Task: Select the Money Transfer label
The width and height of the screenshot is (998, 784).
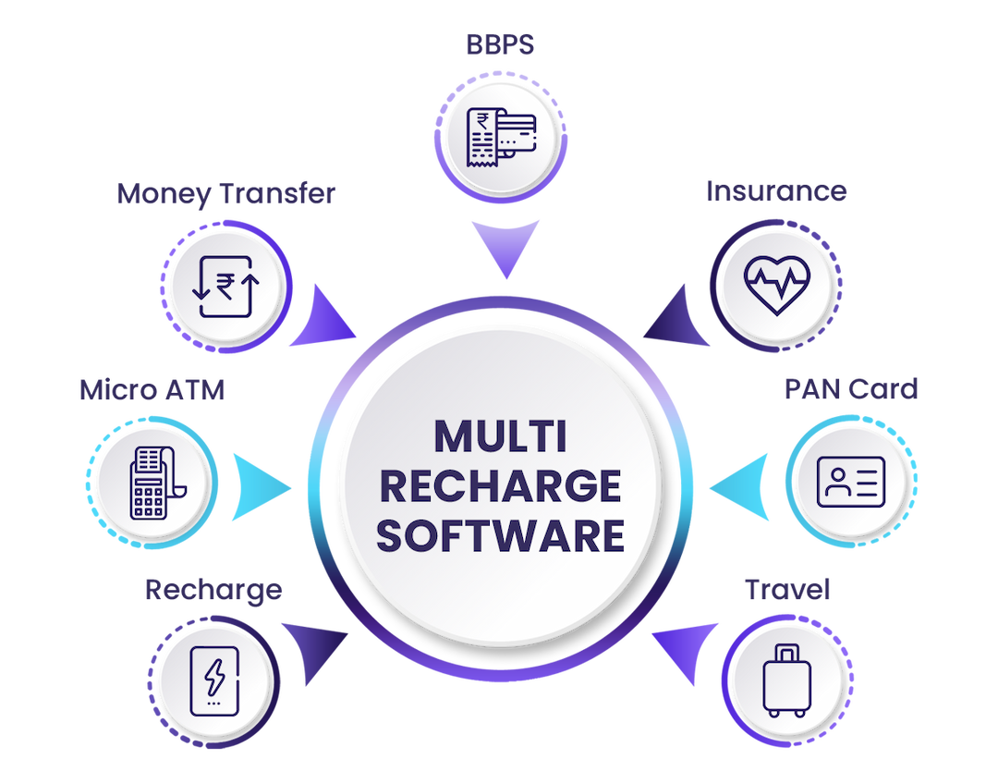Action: coord(226,195)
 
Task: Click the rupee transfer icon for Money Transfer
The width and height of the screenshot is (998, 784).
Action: coord(224,286)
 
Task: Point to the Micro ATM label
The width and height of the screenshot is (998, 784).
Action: coord(152,390)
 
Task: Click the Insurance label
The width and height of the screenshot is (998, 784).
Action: coord(776,191)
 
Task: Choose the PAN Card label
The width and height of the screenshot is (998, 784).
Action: coord(851,390)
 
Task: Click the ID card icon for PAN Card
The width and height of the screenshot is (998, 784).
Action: coord(851,481)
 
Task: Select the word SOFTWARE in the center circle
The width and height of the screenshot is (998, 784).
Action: coord(500,537)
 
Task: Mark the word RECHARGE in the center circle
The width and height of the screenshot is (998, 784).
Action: coord(500,487)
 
